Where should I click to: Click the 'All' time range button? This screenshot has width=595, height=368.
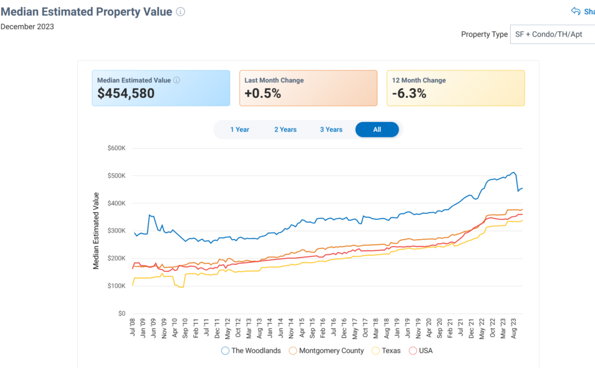pos(377,130)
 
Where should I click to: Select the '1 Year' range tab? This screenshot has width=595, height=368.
pos(239,130)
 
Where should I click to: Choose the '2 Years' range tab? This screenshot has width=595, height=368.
pos(285,130)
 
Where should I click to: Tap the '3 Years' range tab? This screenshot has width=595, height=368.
pos(331,130)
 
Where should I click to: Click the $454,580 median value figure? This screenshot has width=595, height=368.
pos(126,94)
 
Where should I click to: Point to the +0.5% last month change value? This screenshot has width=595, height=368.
pos(263,94)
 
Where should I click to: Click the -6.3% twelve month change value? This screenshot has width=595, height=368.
pos(408,94)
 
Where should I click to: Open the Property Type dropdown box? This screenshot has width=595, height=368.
pos(552,34)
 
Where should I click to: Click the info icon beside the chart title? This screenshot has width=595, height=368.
pos(181,12)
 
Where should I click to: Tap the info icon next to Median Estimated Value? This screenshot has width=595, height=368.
pos(177,80)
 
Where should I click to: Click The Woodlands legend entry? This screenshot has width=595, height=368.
pos(251,351)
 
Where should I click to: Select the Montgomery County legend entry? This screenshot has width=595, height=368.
pos(326,351)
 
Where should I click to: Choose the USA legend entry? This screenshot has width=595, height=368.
pos(421,351)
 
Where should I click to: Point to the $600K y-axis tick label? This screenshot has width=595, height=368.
pos(116,148)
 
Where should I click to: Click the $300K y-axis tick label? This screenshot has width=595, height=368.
pos(116,231)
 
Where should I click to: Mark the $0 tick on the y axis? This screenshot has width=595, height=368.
pos(121,313)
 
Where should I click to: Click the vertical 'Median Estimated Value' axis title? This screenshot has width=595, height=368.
pos(96,231)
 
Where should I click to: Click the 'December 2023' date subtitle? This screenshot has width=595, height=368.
pos(27,27)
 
